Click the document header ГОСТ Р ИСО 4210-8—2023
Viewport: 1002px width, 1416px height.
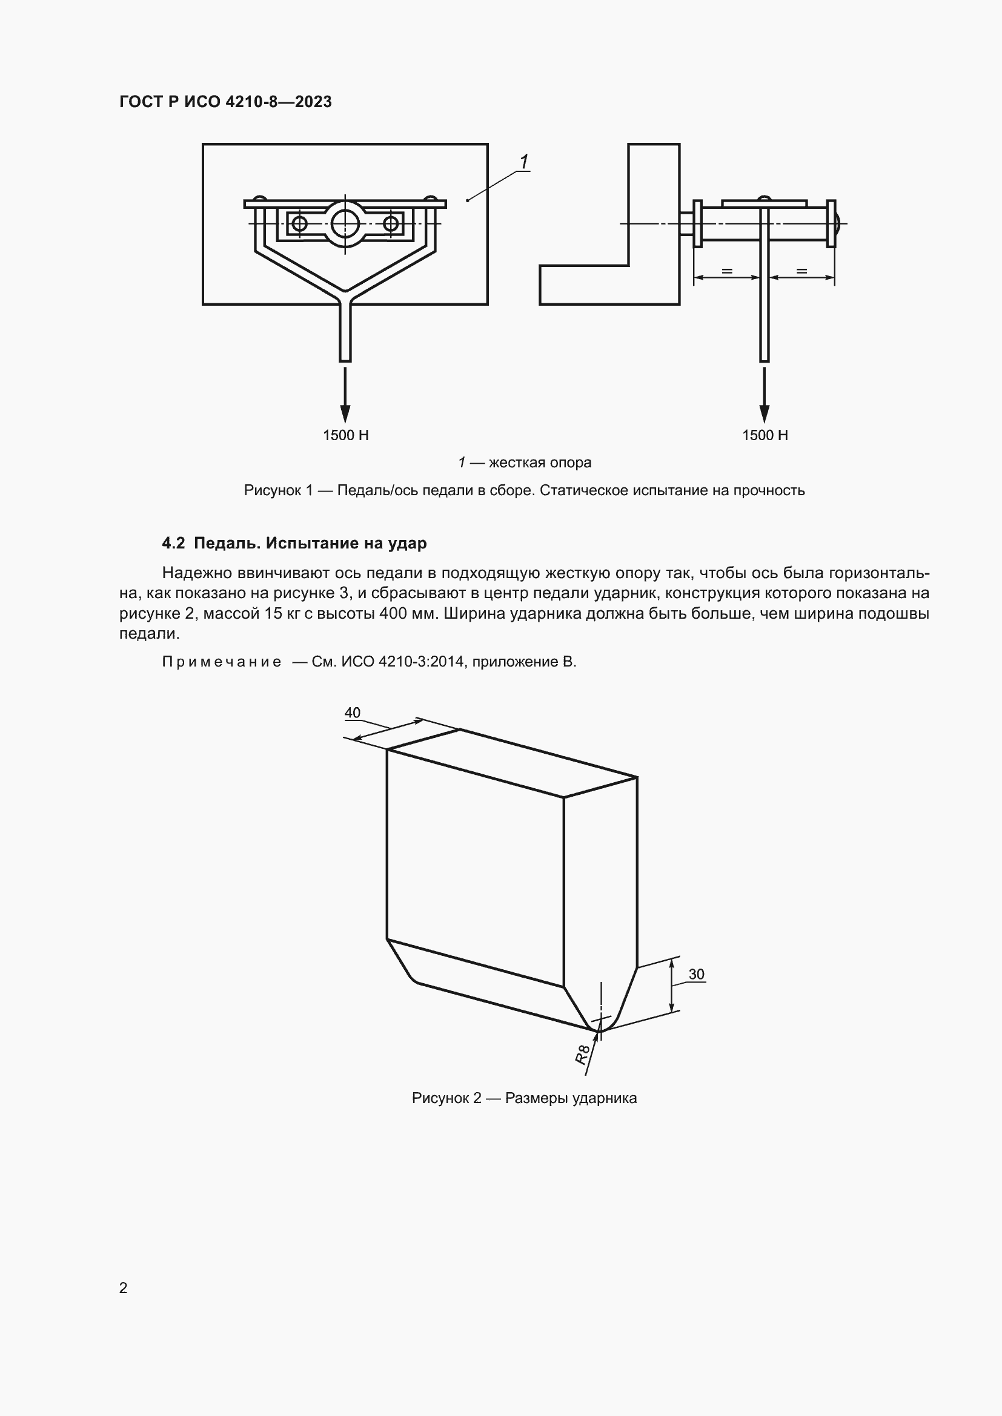coord(225,102)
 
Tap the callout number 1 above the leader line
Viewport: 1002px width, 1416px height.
coord(524,162)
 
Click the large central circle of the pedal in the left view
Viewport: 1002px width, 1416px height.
coord(345,223)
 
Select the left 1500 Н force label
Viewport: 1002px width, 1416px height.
coord(345,435)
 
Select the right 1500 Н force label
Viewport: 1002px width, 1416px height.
coord(765,435)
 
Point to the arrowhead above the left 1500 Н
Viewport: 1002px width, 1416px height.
coord(345,414)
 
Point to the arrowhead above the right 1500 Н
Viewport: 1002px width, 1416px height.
coord(765,414)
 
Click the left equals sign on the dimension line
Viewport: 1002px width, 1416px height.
coord(727,271)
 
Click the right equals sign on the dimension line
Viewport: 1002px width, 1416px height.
coord(801,271)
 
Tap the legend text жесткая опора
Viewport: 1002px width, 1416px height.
coord(540,463)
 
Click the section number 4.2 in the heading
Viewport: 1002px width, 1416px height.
coord(173,543)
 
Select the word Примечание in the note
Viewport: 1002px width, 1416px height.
coord(222,662)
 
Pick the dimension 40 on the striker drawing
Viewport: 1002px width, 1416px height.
coord(353,713)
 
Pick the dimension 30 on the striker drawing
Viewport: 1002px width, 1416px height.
coord(696,974)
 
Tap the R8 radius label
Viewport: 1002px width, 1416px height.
coord(582,1055)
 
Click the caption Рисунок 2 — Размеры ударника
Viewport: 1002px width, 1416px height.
coord(524,1098)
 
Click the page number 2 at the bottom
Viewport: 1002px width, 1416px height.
coord(124,1288)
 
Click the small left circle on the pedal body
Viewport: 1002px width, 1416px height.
coord(299,223)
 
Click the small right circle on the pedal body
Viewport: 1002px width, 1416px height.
coord(391,223)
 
